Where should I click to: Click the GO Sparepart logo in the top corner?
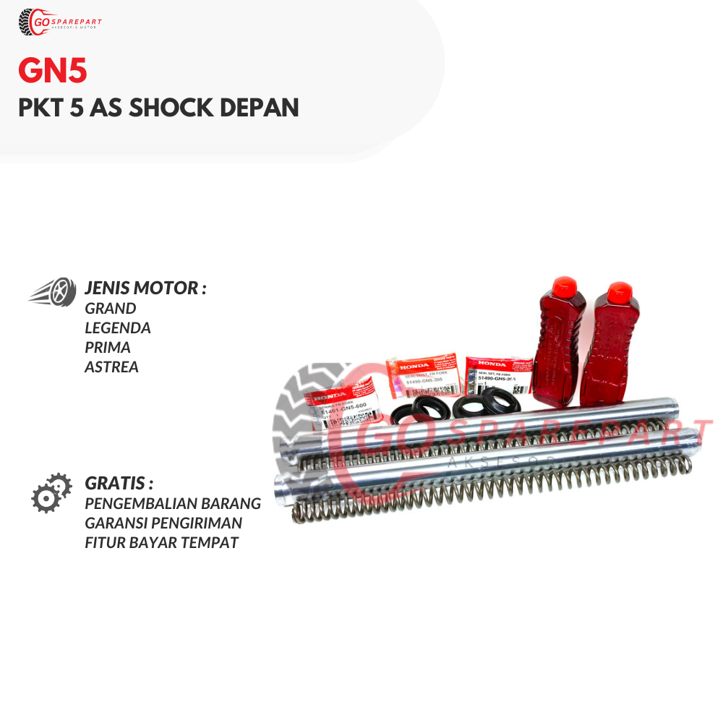click(60, 22)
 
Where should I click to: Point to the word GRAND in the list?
click(111, 308)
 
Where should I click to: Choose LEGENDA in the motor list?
click(118, 328)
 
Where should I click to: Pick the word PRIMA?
click(108, 347)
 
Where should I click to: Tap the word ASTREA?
click(111, 367)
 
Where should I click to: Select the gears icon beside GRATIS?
click(51, 492)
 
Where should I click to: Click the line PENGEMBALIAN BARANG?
click(173, 503)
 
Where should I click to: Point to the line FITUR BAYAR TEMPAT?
click(161, 542)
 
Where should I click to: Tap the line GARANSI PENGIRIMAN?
click(163, 523)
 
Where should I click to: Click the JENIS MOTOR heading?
click(145, 288)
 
